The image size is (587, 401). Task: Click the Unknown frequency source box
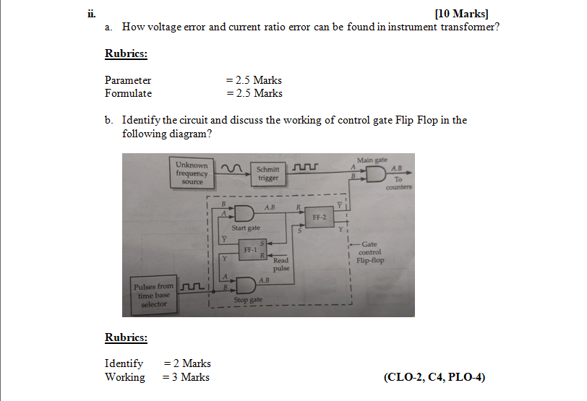tap(192, 173)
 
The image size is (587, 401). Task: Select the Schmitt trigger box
tap(268, 173)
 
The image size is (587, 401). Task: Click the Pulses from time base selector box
tap(154, 295)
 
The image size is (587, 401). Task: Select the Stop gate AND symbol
tap(244, 284)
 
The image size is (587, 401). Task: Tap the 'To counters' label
tap(398, 183)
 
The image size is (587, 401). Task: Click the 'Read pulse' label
tap(280, 264)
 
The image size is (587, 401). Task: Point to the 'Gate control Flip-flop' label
tap(370, 252)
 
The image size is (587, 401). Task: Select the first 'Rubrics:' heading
tap(126, 53)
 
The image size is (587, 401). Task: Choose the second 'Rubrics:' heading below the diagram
tap(126, 337)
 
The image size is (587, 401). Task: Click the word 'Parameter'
tap(128, 80)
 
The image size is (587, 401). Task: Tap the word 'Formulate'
tap(128, 93)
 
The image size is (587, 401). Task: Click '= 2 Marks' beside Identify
tap(187, 363)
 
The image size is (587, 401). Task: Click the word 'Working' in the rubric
tap(124, 377)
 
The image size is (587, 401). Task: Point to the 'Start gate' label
tap(246, 228)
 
